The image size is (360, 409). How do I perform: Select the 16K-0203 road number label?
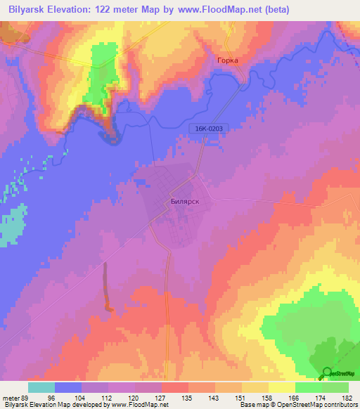[x=210, y=128]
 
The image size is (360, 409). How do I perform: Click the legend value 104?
[x=84, y=397]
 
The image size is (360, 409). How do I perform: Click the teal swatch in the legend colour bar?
[x=41, y=387]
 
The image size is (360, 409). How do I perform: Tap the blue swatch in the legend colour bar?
[x=68, y=387]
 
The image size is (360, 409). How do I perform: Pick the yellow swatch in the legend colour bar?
[x=282, y=387]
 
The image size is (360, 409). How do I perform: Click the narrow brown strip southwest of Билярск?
[x=107, y=285]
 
